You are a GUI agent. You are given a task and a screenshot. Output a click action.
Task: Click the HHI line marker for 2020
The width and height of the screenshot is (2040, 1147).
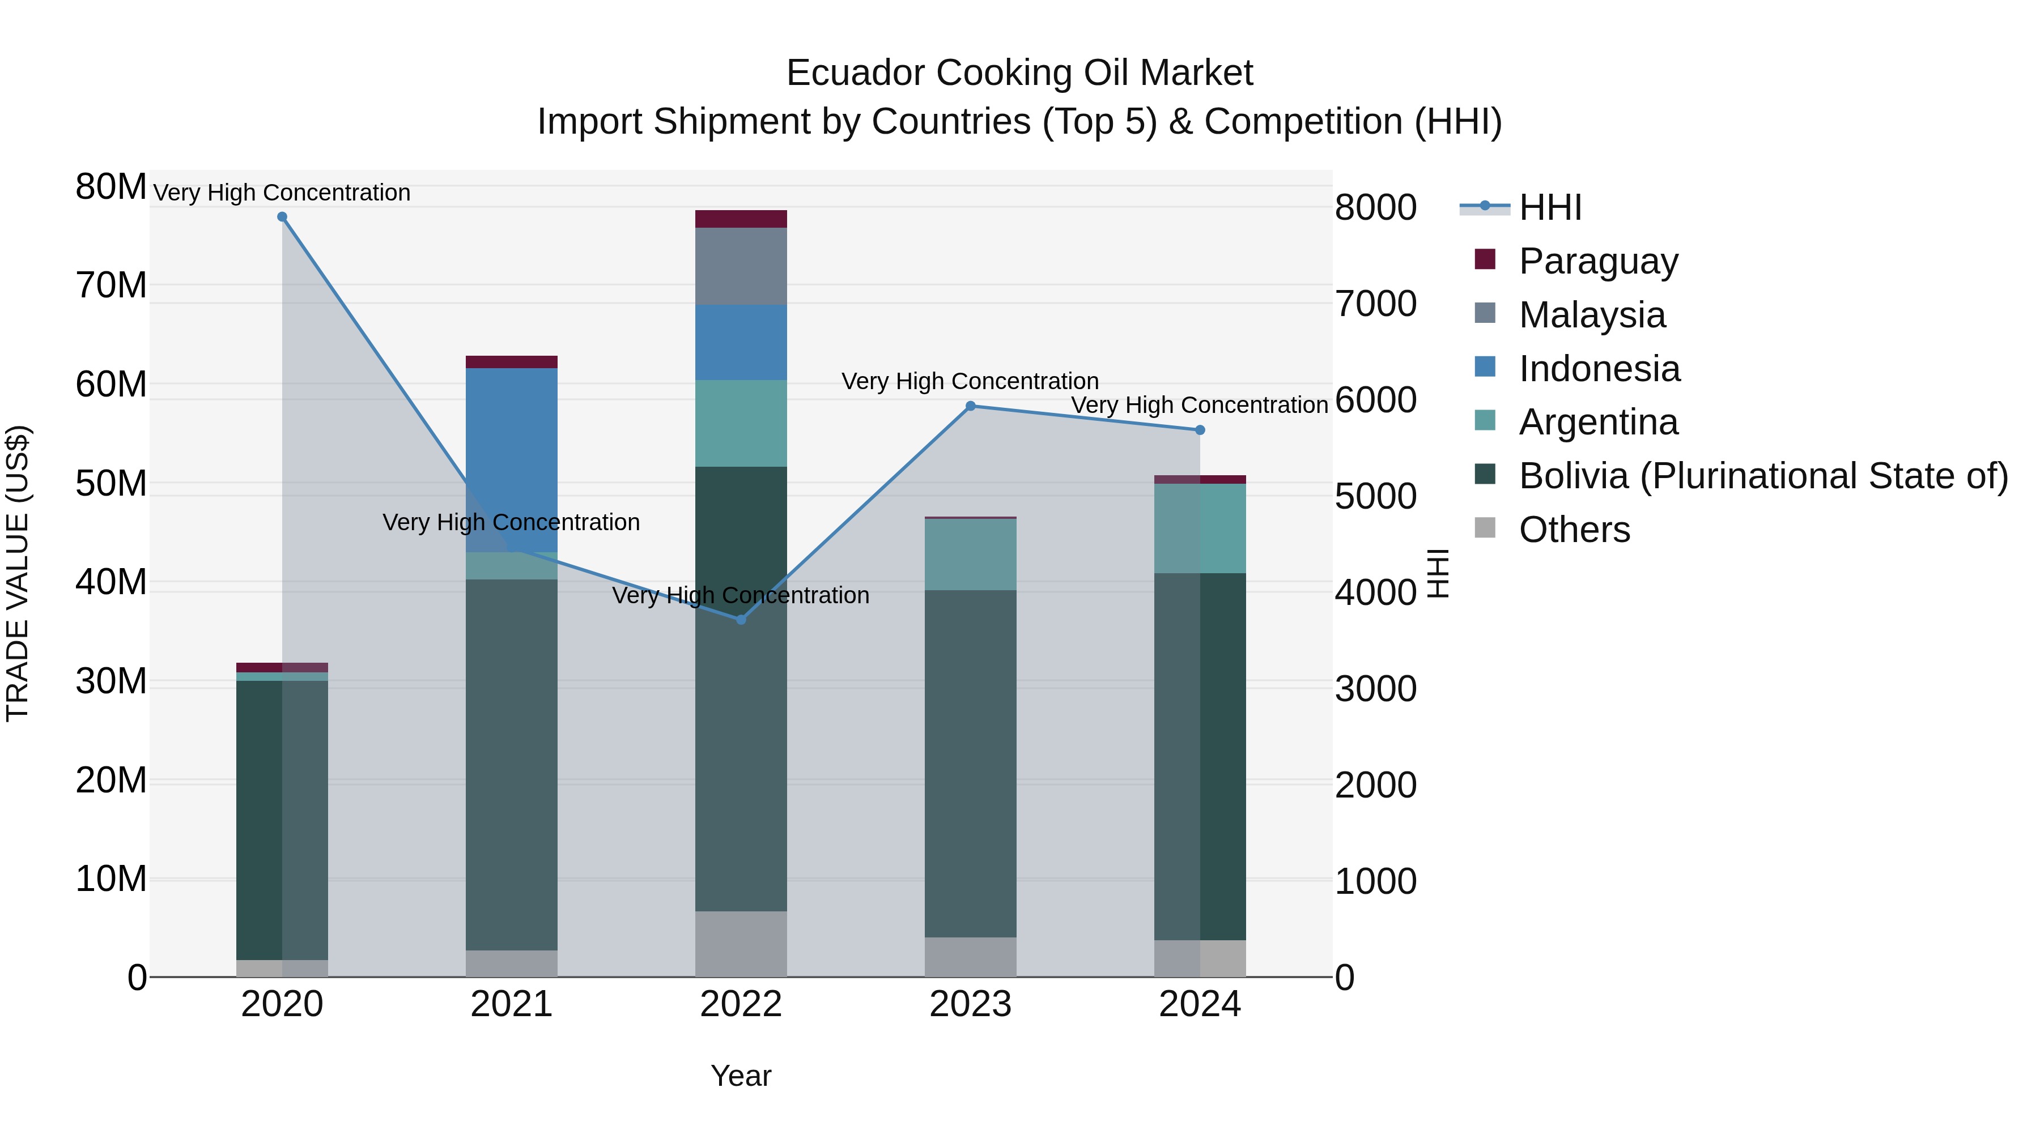(x=282, y=217)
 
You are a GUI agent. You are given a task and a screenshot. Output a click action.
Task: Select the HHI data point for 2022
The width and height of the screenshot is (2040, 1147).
(x=741, y=620)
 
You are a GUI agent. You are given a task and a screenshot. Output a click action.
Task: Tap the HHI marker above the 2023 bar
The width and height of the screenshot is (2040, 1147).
(x=970, y=406)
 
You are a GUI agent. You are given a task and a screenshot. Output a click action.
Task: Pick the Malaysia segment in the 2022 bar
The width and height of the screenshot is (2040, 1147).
(x=741, y=266)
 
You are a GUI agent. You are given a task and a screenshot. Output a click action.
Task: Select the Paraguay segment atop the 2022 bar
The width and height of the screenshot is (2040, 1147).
(x=741, y=219)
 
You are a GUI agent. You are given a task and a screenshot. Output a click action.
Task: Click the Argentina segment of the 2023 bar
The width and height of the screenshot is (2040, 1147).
(x=970, y=554)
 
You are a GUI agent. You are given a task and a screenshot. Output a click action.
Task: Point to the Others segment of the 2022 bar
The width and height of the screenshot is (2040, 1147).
(x=741, y=944)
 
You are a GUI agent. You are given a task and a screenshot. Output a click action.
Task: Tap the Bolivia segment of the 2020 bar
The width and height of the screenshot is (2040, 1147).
(x=260, y=819)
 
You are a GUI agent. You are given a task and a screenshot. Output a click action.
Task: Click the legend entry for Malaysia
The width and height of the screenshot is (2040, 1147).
(x=1592, y=315)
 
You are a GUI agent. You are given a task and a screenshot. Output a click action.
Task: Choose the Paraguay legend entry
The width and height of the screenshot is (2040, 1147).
(x=1598, y=261)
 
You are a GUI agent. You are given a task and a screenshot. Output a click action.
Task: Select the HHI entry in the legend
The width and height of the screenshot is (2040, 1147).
(x=1550, y=207)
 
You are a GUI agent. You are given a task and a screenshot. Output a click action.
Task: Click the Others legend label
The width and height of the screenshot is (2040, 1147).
(x=1574, y=530)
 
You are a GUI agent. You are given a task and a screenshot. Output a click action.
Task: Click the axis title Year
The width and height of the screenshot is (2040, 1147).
(x=741, y=1076)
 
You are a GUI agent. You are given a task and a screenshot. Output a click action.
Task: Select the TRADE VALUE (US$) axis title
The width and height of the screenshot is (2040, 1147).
(x=18, y=573)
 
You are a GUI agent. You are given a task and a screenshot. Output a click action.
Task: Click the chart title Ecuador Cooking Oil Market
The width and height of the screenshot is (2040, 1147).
(x=1019, y=73)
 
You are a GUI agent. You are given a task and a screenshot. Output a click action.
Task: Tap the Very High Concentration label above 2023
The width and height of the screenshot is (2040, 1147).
(x=970, y=382)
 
